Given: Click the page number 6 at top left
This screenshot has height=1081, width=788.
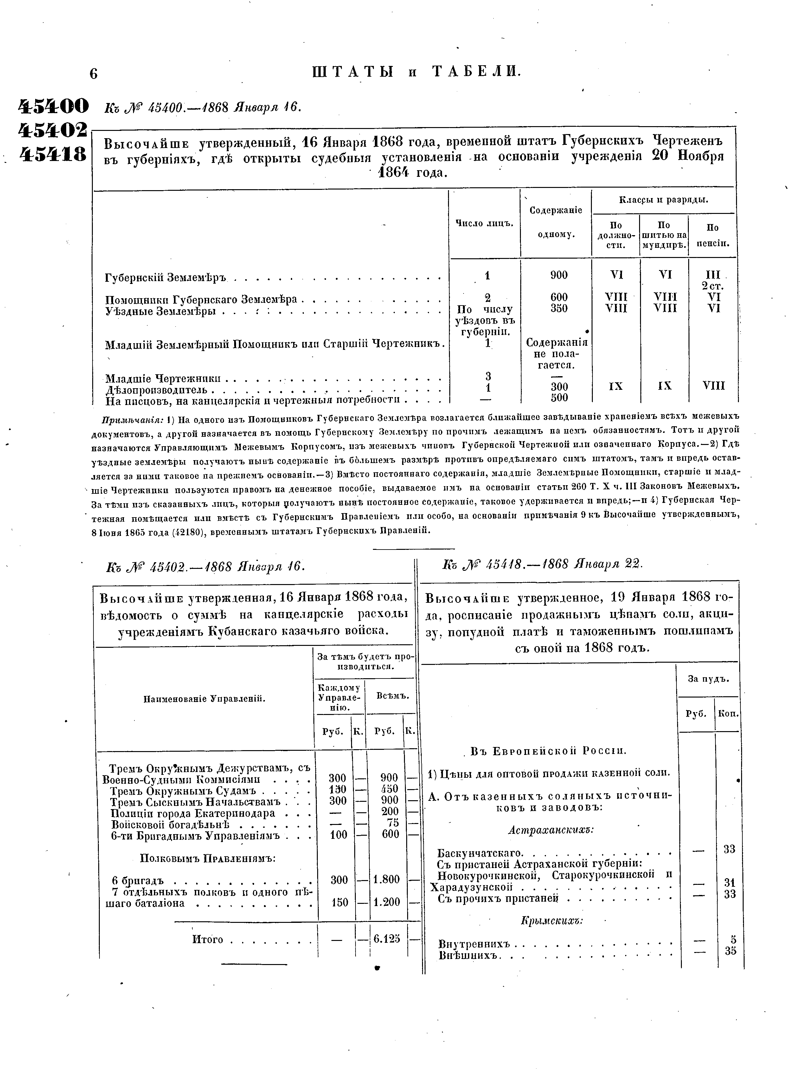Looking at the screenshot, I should [93, 74].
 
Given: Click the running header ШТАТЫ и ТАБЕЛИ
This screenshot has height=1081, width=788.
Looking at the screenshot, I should [416, 72].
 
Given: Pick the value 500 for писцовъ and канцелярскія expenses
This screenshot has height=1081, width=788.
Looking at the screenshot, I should [559, 397].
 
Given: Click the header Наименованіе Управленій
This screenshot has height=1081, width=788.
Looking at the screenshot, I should [204, 699].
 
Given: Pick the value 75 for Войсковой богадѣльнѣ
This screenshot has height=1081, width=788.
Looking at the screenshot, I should [393, 823].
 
